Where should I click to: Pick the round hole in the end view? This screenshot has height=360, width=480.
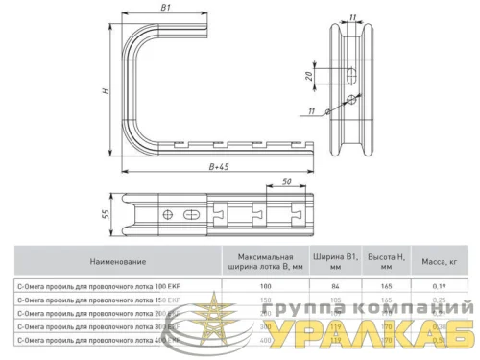353,100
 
